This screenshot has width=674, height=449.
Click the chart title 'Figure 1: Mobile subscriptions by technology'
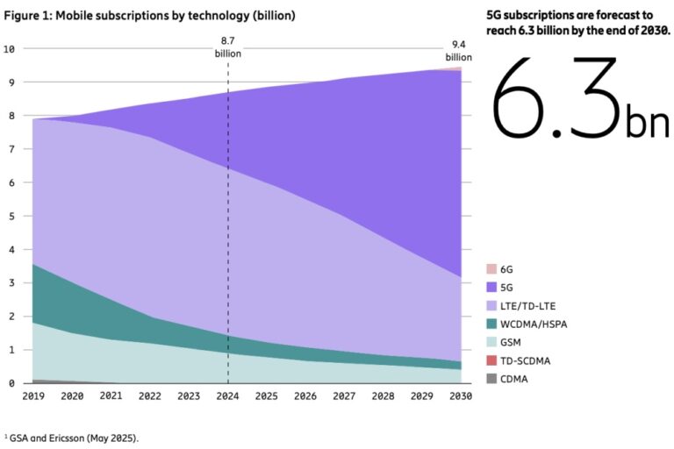pyautogui.click(x=149, y=16)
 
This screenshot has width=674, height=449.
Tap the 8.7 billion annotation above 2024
pyautogui.click(x=228, y=47)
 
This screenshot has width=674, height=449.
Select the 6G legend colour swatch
pyautogui.click(x=491, y=268)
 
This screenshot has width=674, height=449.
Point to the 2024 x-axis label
pyautogui.click(x=228, y=396)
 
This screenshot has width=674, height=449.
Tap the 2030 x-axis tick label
pyautogui.click(x=460, y=396)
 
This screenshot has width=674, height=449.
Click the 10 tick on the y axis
pyautogui.click(x=9, y=48)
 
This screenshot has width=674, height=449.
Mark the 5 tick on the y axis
pyautogui.click(x=11, y=216)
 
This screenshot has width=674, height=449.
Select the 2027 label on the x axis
pyautogui.click(x=344, y=396)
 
